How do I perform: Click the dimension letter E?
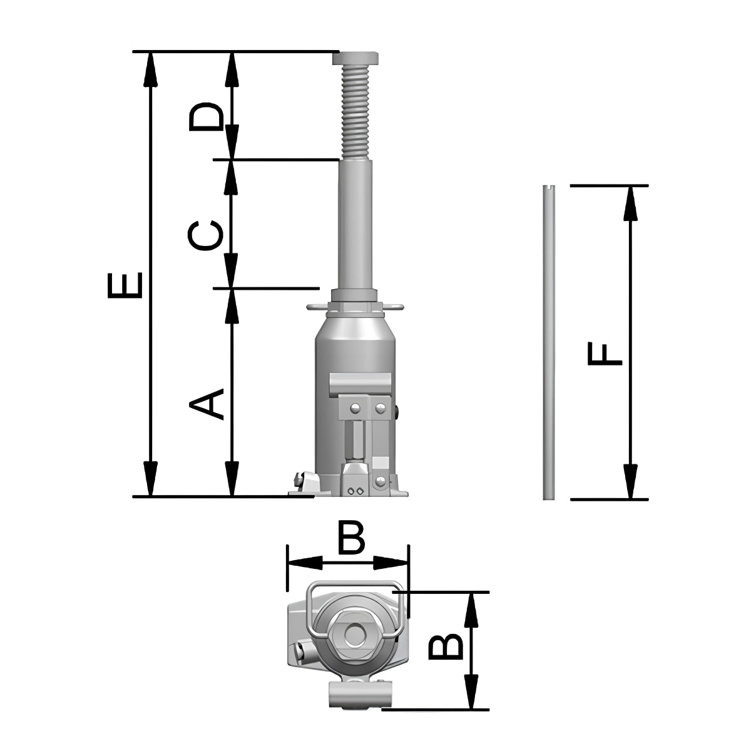pyautogui.click(x=125, y=285)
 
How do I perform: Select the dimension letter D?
pyautogui.click(x=206, y=116)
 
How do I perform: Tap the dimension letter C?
pyautogui.click(x=205, y=235)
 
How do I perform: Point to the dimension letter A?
pyautogui.click(x=206, y=404)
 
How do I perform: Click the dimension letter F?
pyautogui.click(x=605, y=354)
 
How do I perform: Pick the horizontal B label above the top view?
pyautogui.click(x=351, y=536)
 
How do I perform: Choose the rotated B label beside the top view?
pyautogui.click(x=446, y=647)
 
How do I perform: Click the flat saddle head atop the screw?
pyautogui.click(x=355, y=58)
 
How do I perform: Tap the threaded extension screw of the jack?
pyautogui.click(x=355, y=112)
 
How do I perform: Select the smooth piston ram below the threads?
pyautogui.click(x=355, y=225)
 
